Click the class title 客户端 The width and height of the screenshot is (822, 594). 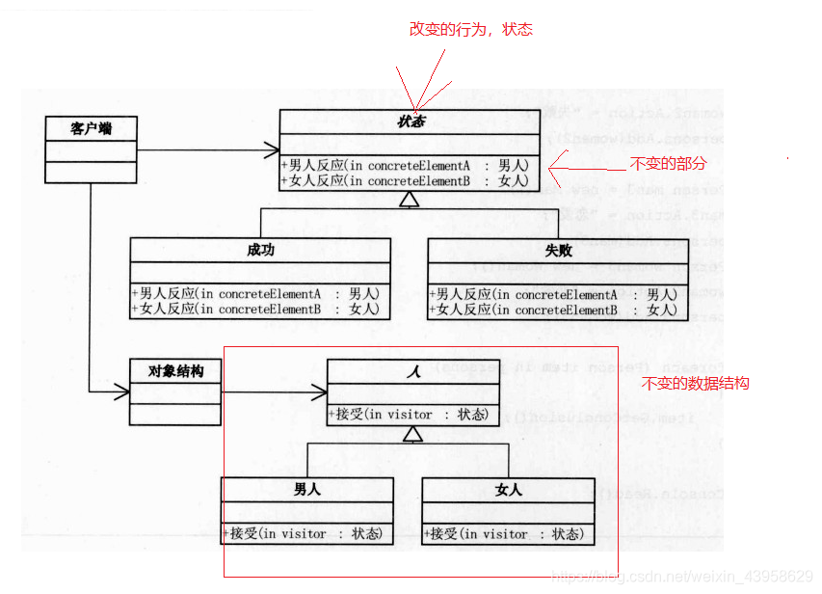coord(91,127)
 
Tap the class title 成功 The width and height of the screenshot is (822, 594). coord(260,250)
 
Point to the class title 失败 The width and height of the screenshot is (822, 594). coord(558,250)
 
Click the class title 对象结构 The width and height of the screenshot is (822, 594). coord(175,370)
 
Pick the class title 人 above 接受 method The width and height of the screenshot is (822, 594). coord(412,370)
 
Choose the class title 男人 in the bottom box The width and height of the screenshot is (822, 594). coord(306,490)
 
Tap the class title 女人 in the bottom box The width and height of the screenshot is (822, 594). coord(508,490)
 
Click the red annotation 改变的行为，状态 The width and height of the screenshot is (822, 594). coord(470,30)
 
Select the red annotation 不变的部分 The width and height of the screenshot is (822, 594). coord(668,164)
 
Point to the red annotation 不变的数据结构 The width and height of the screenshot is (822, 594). coord(695,384)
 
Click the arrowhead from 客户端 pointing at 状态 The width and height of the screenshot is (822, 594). coord(273,149)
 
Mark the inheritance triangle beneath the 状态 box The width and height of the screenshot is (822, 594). coord(410,199)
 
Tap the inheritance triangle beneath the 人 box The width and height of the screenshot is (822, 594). coord(412,434)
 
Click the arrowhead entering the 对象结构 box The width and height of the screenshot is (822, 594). coord(121,391)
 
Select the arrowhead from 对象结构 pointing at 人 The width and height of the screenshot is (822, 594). coord(320,391)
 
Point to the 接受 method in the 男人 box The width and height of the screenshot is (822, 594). coord(306,533)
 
